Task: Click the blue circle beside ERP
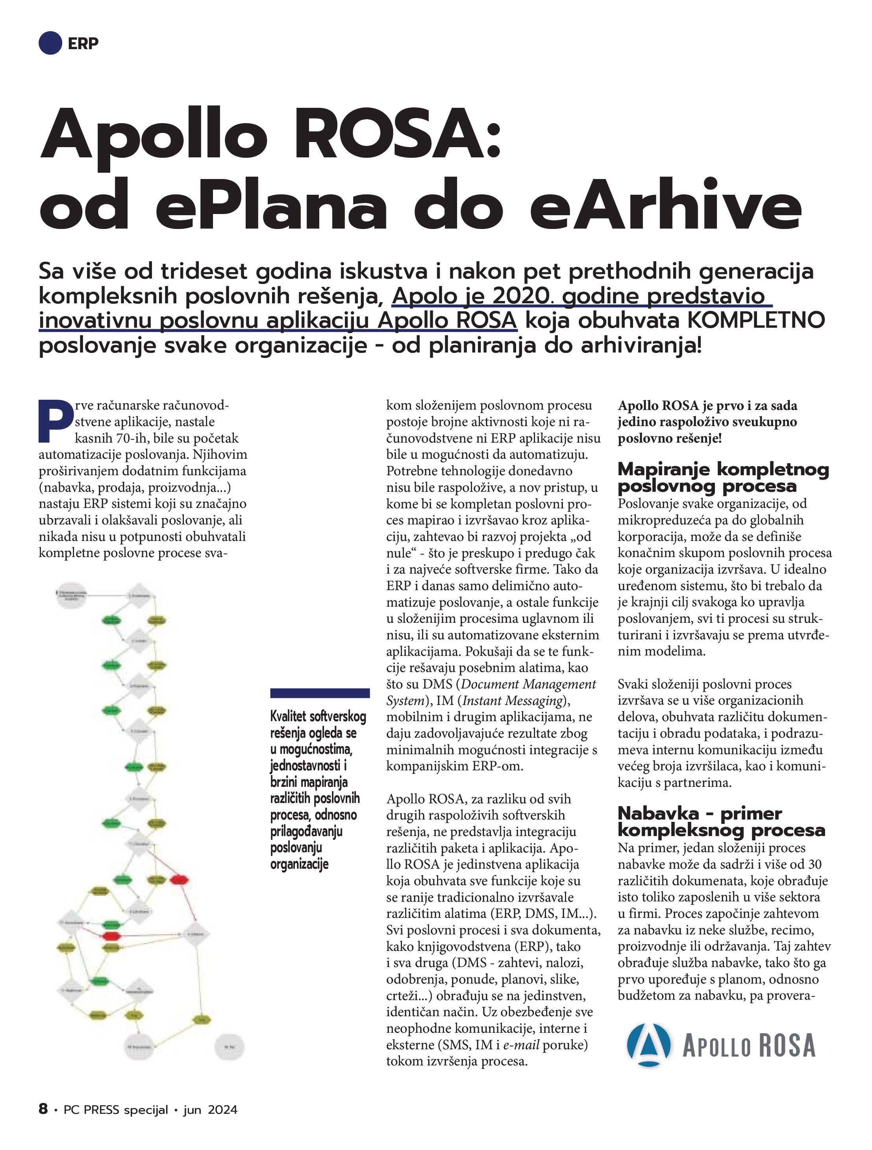[x=50, y=43]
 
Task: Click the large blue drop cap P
[x=55, y=421]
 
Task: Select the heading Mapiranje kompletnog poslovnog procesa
[x=723, y=477]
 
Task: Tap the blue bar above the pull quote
[x=319, y=693]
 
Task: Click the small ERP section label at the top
[x=83, y=43]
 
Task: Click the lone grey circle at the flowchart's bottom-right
[x=230, y=1046]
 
